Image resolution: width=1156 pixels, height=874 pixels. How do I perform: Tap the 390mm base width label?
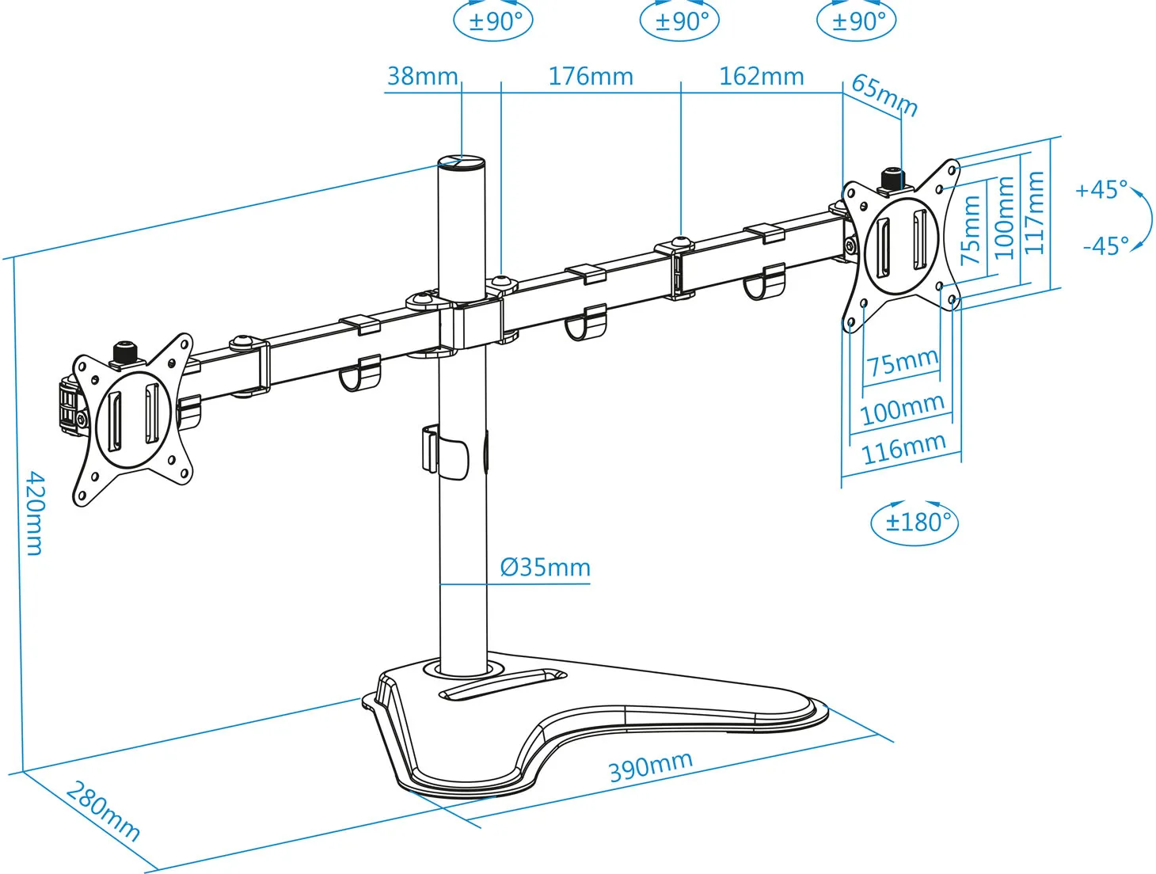point(650,766)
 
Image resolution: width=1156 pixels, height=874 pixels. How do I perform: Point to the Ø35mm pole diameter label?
point(546,568)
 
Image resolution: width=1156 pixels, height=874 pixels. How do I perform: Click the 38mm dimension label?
point(422,76)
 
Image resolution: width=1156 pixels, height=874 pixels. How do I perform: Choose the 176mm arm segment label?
point(591,76)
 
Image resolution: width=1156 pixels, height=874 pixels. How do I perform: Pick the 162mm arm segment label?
point(761,76)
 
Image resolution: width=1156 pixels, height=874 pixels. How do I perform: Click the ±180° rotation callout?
point(915,522)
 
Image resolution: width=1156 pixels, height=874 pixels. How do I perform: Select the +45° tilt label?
point(1101,190)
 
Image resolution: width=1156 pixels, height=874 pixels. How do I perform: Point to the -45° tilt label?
point(1105,246)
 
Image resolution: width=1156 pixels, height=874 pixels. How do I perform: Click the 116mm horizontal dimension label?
point(903,449)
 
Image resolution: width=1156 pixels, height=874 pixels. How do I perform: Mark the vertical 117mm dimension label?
point(1034,212)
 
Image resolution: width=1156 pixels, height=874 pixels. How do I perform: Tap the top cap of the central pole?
point(462,162)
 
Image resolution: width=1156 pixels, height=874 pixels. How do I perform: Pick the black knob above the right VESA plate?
point(892,177)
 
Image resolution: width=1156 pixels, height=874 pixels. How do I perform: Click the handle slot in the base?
point(503,684)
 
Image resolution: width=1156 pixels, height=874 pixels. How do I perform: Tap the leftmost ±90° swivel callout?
point(493,21)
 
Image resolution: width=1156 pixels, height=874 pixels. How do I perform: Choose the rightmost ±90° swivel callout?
point(857,21)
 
